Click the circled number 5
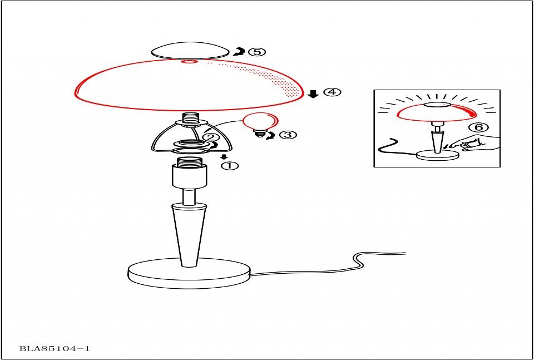(256, 52)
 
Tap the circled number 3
(288, 135)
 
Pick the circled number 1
(230, 166)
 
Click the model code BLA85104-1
(55, 349)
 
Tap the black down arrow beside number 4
(313, 94)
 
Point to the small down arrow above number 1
(224, 157)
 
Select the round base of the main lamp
(191, 274)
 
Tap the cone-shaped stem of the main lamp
(189, 234)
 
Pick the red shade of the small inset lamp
(437, 113)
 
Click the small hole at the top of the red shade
(191, 62)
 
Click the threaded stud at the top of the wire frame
(190, 118)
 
